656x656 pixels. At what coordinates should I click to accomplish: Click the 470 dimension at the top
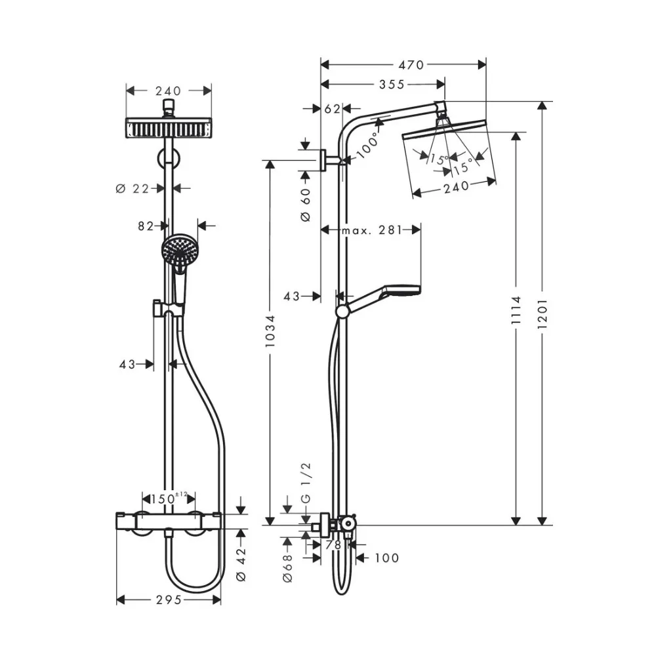pos(411,64)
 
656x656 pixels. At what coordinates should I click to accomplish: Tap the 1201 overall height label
pos(542,314)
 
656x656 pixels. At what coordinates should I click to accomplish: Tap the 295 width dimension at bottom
pos(169,600)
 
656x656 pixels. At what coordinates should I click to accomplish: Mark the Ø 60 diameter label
pos(305,204)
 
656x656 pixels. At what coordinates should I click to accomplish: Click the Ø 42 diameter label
pos(241,564)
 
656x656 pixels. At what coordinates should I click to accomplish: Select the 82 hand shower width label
pos(146,226)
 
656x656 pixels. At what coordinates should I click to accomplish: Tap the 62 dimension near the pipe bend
pos(331,108)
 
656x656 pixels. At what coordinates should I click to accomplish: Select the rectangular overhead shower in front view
pos(169,127)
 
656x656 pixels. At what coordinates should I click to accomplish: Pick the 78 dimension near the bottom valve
pos(333,545)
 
